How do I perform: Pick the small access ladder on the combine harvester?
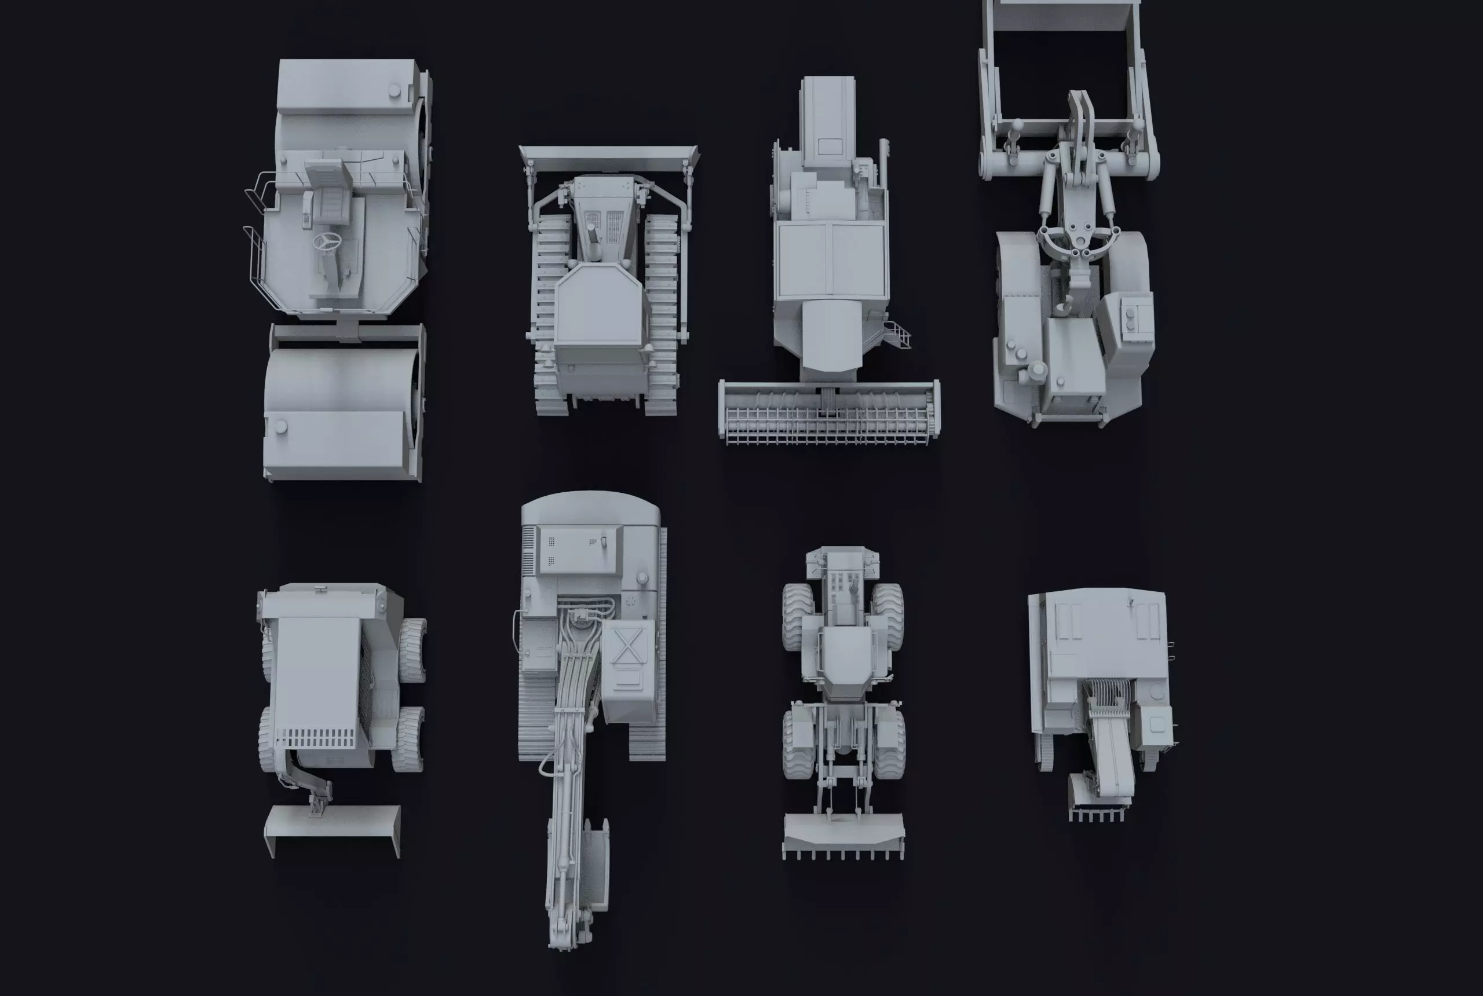click(x=901, y=335)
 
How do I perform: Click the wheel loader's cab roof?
click(x=844, y=654)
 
